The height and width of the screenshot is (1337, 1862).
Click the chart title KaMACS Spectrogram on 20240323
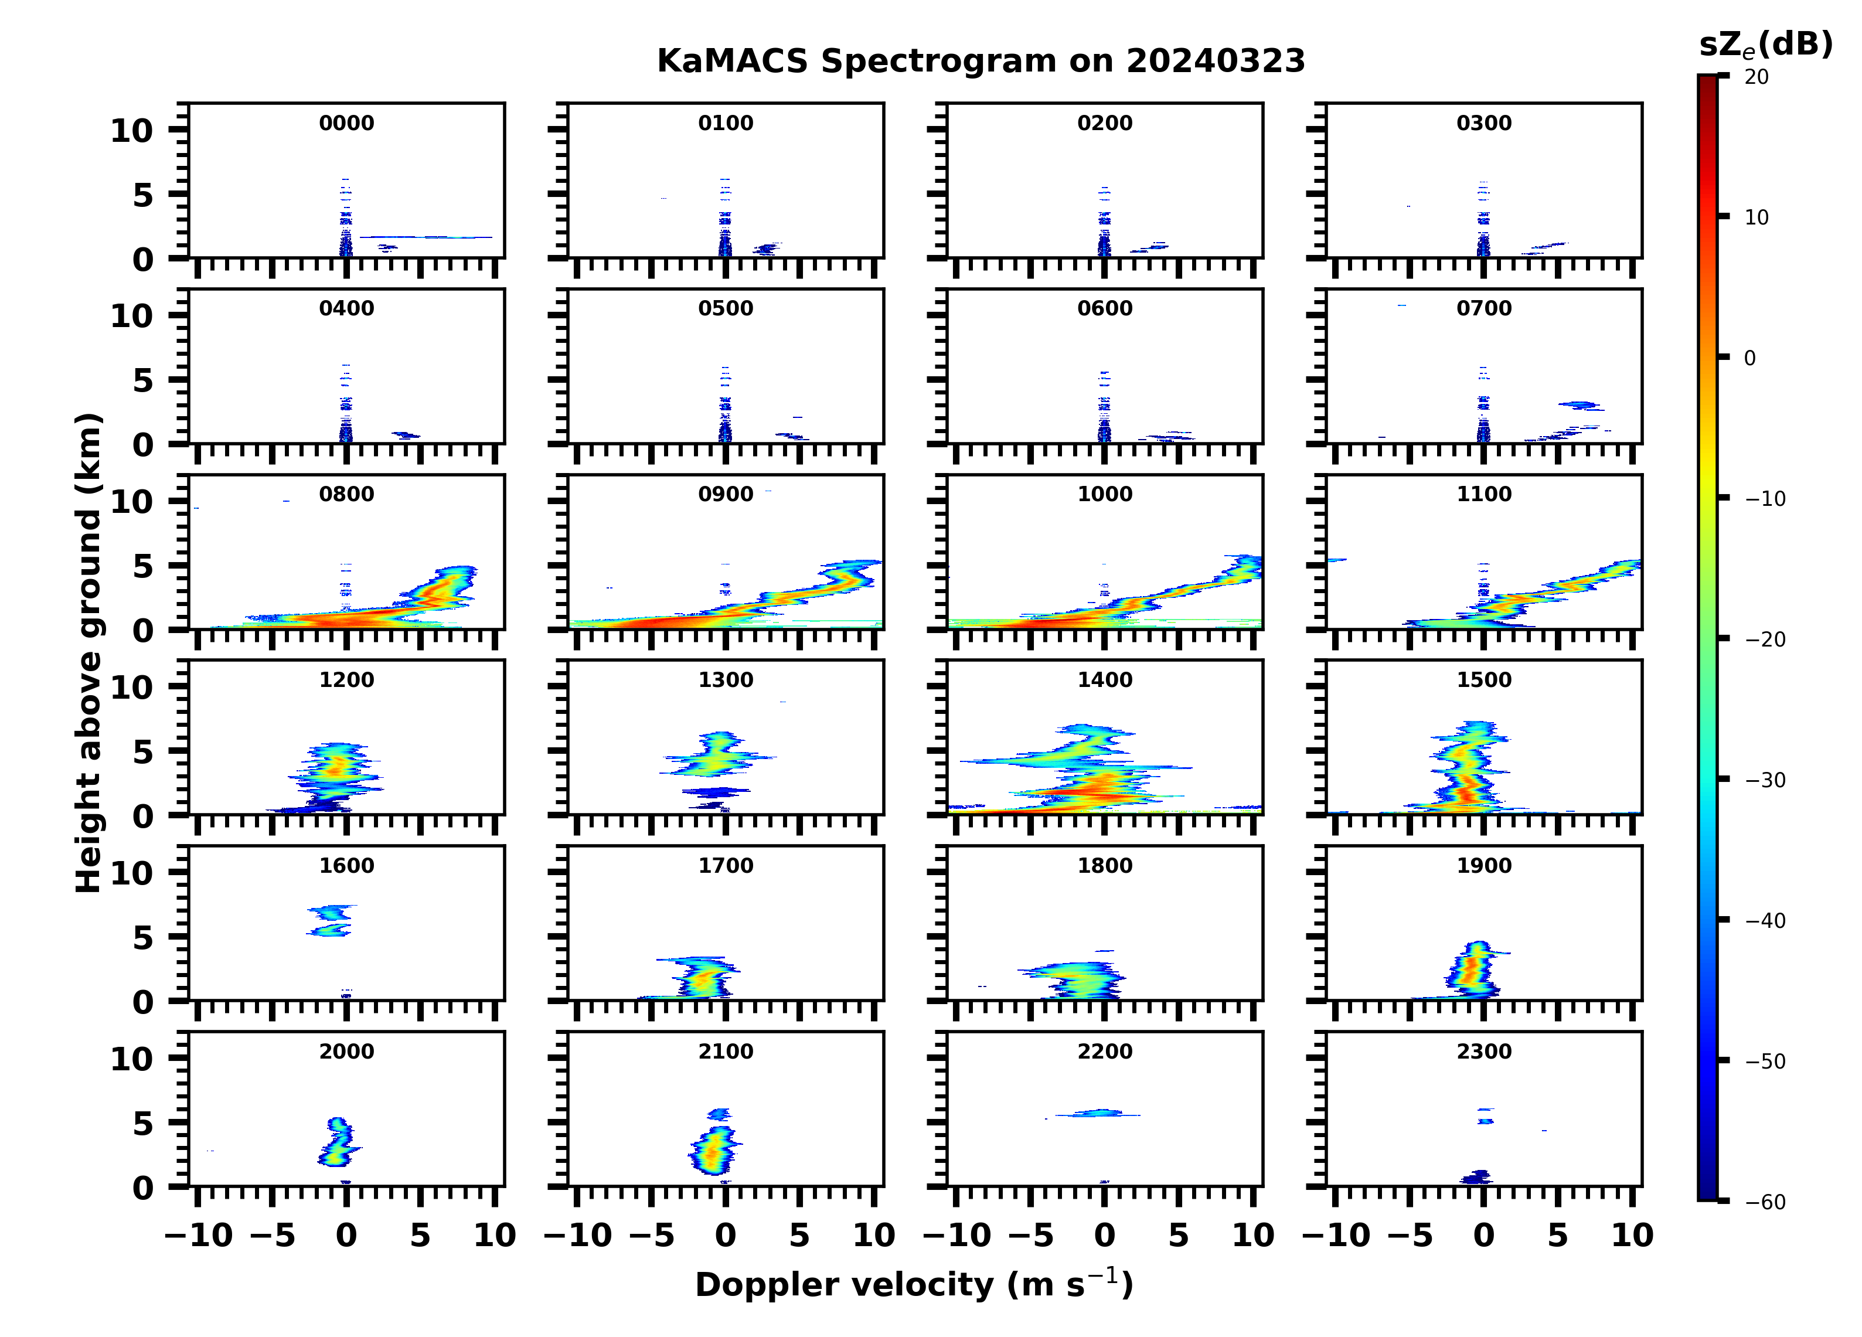coord(981,62)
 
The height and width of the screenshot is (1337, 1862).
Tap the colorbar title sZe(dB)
coord(1765,45)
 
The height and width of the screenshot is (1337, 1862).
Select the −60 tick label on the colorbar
coord(1765,1202)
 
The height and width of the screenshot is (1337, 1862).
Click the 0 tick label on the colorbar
coord(1749,358)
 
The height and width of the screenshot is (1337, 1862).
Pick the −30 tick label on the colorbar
coord(1765,780)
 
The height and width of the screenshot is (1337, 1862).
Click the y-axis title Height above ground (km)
coord(88,653)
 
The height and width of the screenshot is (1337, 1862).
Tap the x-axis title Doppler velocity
coord(914,1284)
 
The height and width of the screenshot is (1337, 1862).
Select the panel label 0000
coord(346,123)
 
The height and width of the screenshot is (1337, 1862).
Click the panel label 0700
coord(1483,309)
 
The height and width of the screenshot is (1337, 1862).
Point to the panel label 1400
coord(1104,680)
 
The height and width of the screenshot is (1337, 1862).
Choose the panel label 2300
coord(1483,1051)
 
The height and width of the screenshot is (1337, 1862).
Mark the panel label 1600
coord(346,866)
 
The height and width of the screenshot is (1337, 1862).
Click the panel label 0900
coord(726,494)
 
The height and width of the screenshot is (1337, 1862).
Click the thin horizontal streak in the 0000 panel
coord(427,237)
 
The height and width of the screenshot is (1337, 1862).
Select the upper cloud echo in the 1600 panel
coord(332,911)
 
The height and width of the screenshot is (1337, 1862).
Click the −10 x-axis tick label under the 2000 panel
coord(199,1235)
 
